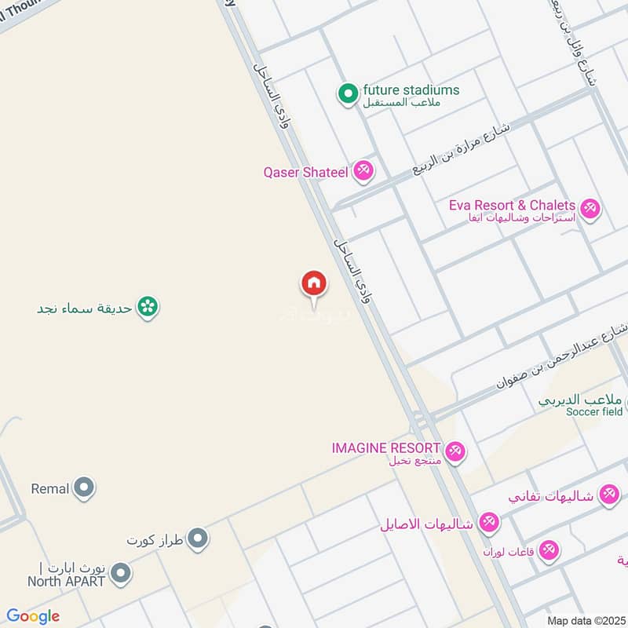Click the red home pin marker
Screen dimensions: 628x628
pos(313,283)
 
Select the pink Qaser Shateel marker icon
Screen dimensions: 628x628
pos(362,170)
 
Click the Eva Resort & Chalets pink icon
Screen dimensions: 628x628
pos(590,208)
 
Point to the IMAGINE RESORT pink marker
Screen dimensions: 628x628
pos(455,451)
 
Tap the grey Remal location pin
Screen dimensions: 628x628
pos(84,488)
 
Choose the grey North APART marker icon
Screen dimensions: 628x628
pos(120,574)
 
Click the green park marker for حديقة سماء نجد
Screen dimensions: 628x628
pos(146,307)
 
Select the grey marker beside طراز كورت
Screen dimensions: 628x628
pos(199,539)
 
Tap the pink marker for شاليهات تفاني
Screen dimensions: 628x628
pos(608,495)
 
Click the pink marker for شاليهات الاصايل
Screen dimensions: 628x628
pos(488,522)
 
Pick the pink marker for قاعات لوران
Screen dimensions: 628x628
pos(549,550)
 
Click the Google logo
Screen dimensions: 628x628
pos(33,616)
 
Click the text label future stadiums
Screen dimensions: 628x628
pos(411,89)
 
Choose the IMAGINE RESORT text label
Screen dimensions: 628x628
pos(385,447)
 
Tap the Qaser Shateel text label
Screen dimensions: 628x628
pos(305,172)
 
